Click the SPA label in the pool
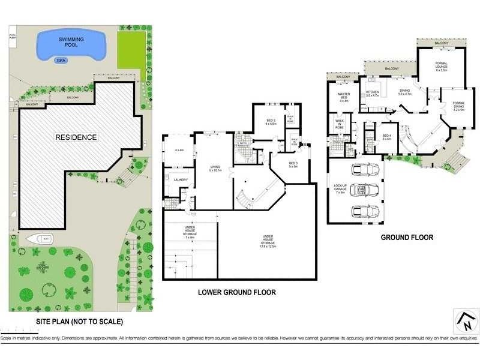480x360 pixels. [61, 60]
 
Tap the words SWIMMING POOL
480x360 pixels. [71, 42]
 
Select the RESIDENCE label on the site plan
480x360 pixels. [76, 137]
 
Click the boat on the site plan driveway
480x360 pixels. [40, 238]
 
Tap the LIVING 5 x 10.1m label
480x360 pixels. [215, 169]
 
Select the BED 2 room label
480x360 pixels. [271, 122]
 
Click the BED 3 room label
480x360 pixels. [293, 164]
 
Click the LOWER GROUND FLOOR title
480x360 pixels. [237, 292]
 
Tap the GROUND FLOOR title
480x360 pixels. [407, 238]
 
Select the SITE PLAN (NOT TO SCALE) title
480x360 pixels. [79, 322]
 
